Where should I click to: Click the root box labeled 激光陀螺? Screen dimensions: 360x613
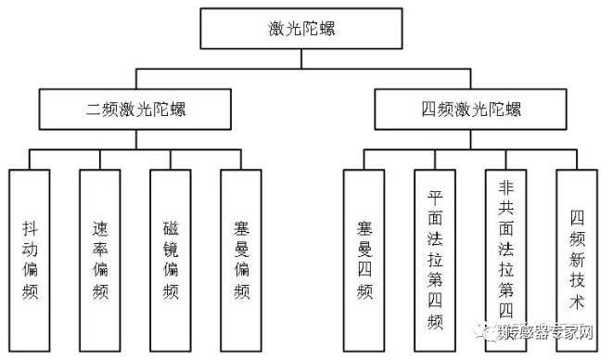click(299, 30)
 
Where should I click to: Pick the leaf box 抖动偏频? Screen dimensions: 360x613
click(31, 258)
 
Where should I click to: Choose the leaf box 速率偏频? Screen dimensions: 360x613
click(100, 258)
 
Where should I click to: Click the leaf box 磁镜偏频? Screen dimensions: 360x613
click(170, 258)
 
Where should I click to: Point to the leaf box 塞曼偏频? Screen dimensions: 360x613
click(241, 258)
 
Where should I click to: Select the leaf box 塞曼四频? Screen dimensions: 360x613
click(364, 258)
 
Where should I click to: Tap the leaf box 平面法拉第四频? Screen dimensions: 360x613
click(435, 258)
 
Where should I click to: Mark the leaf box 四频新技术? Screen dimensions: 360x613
click(576, 258)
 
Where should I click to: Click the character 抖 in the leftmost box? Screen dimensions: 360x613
click(31, 226)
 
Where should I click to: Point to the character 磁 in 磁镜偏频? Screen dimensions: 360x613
click(170, 226)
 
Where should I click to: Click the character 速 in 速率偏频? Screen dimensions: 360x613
click(100, 226)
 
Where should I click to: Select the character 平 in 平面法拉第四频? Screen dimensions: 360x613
click(435, 198)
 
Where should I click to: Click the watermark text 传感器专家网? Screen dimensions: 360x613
click(552, 331)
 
